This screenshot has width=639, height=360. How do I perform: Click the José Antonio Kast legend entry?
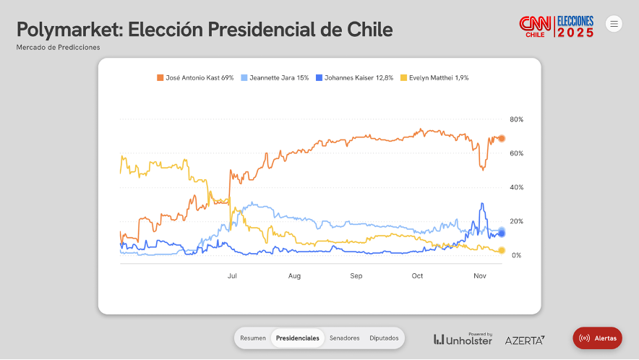[195, 77]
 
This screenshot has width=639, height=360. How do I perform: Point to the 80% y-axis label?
[516, 119]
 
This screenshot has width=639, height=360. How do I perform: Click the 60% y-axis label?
[516, 153]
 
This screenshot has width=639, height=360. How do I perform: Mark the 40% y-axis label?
[516, 187]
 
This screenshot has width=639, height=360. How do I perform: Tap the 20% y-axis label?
[516, 221]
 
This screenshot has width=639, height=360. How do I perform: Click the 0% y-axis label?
[516, 255]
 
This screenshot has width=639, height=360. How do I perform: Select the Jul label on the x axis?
[232, 276]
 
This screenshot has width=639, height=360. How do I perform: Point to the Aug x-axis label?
[294, 276]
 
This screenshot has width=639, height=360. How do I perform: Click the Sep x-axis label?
[356, 276]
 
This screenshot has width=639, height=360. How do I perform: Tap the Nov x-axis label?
[479, 276]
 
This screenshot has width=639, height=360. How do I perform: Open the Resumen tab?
[253, 338]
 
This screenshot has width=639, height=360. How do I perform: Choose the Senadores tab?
[344, 338]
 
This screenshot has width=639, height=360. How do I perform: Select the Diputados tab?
[384, 338]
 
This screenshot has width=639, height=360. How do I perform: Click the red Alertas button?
[598, 338]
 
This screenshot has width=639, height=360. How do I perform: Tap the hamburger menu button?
[614, 24]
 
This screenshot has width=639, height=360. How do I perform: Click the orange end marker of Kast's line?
[502, 138]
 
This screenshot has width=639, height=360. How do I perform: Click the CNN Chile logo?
[535, 27]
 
